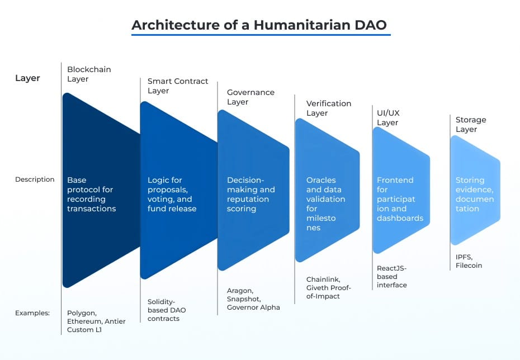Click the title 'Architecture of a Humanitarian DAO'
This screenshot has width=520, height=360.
(260, 25)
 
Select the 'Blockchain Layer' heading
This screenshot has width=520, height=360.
(89, 74)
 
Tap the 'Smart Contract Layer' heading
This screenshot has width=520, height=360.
(177, 86)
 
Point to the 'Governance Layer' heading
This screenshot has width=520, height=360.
(250, 97)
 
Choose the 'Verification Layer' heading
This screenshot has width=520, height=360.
(328, 108)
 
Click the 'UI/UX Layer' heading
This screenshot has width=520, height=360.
(387, 118)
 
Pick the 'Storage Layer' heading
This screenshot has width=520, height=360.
(470, 124)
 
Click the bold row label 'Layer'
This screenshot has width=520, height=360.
(27, 78)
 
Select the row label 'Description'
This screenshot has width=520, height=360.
(35, 179)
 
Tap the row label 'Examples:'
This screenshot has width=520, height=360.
(32, 313)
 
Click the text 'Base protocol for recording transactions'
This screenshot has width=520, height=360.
(91, 195)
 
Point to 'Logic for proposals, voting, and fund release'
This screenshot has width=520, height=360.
(172, 195)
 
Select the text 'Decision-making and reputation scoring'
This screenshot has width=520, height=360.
(250, 195)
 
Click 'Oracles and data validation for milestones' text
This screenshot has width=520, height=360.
(325, 204)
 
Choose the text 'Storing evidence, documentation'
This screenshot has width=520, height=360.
(475, 195)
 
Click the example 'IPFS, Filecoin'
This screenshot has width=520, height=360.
(469, 260)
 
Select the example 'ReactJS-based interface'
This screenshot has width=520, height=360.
(392, 276)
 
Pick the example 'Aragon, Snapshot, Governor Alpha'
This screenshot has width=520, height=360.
(253, 299)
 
